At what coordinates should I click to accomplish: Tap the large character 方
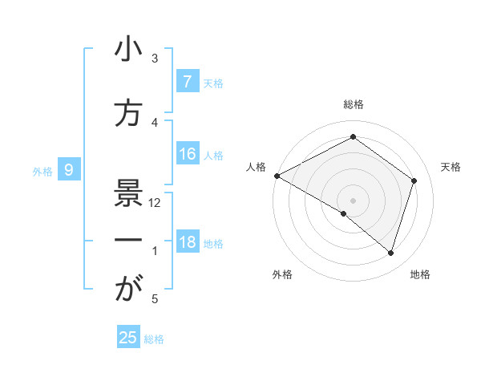(128, 114)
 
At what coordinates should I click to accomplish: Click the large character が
(128, 290)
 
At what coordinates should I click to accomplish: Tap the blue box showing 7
(187, 81)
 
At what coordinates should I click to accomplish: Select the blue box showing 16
(187, 154)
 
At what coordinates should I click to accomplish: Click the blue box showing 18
(187, 242)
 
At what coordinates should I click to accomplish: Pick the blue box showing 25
(128, 338)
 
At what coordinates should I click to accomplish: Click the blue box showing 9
(70, 169)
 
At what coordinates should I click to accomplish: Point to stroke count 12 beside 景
(155, 203)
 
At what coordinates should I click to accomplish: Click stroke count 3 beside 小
(156, 59)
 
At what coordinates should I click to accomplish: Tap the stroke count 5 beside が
(155, 299)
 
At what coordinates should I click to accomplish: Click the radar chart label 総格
(354, 104)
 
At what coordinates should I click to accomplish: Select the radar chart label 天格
(451, 167)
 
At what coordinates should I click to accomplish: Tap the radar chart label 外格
(282, 274)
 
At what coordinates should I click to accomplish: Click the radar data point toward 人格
(277, 176)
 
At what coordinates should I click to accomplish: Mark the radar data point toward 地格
(390, 253)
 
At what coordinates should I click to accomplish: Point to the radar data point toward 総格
(353, 137)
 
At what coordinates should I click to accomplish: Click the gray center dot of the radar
(353, 200)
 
